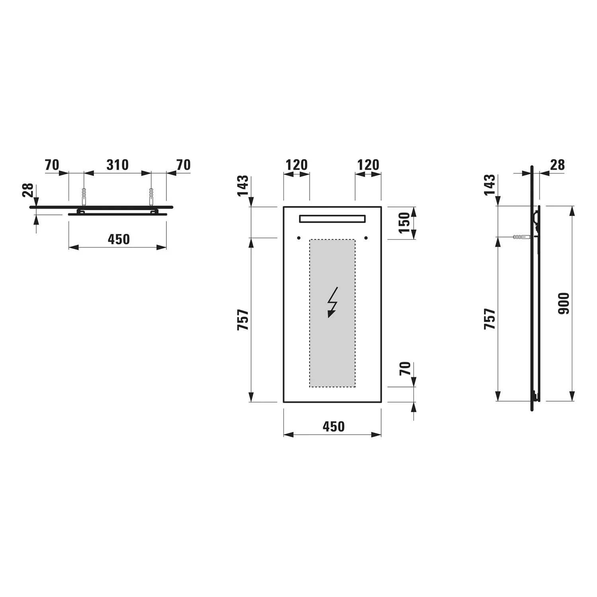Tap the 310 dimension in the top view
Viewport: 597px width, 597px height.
point(117,165)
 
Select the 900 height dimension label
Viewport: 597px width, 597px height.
point(564,303)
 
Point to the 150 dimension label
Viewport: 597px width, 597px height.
point(404,223)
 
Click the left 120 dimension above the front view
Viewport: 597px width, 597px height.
point(297,165)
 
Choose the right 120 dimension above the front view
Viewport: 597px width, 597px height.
point(368,165)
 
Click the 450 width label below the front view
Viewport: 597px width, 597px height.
point(333,427)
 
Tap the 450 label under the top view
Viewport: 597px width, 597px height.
point(119,239)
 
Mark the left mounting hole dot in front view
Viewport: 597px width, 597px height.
point(298,238)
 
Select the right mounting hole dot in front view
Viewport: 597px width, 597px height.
point(366,238)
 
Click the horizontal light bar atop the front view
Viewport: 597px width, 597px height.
point(332,219)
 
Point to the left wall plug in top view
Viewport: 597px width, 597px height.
point(84,196)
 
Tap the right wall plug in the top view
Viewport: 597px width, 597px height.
point(151,196)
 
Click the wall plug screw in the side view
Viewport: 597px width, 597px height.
point(521,237)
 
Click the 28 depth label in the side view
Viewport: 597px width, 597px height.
point(557,165)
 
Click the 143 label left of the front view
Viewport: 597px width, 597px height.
point(243,185)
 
